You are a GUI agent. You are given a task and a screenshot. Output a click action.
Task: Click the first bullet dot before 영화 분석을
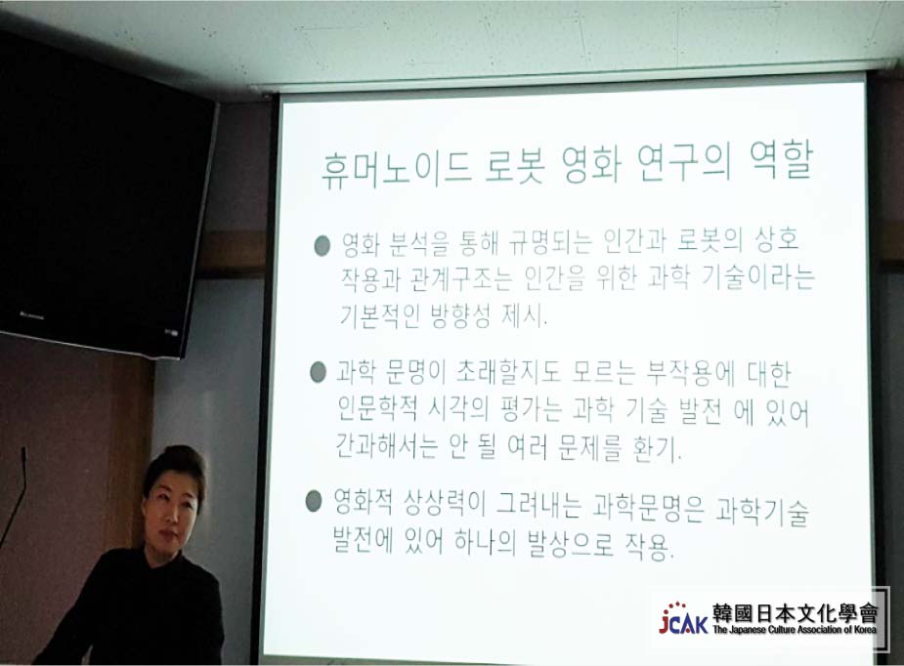coord(322,245)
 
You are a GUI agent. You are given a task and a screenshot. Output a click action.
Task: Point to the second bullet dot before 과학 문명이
coord(318,372)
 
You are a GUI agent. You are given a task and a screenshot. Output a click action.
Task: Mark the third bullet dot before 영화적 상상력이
coord(313,501)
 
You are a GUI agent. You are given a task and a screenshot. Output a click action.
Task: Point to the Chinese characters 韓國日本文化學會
coord(796,613)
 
